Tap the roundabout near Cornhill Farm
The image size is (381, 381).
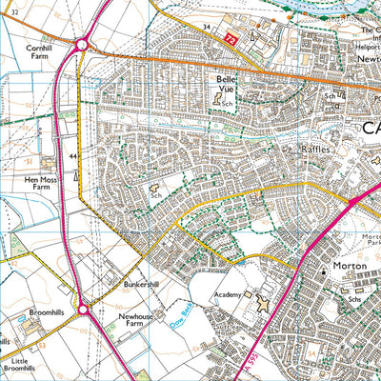pyautogui.click(x=84, y=43)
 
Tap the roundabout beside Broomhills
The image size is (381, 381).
pyautogui.click(x=84, y=310)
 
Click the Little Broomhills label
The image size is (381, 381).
pyautogui.click(x=19, y=362)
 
